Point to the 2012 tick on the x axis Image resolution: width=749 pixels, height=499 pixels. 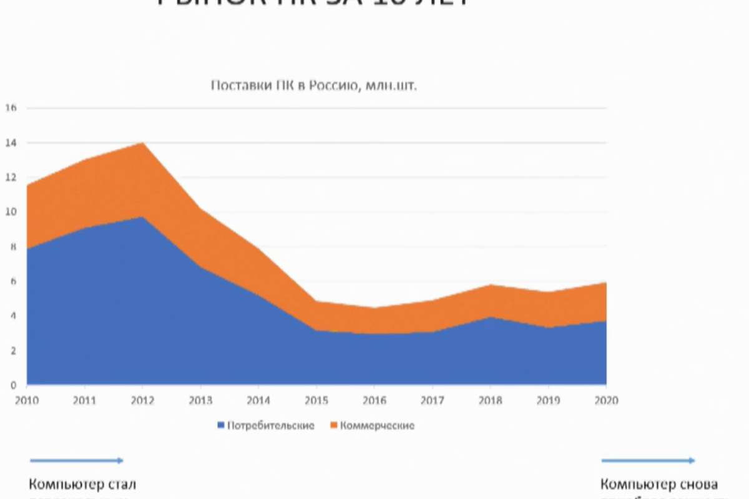click(x=143, y=400)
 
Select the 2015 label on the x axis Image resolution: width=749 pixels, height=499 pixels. click(x=316, y=400)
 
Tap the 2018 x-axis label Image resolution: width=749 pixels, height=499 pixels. click(x=491, y=400)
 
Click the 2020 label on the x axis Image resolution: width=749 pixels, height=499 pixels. click(x=606, y=400)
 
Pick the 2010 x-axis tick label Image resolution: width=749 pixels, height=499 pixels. click(x=27, y=400)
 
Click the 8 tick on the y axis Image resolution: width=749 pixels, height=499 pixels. click(x=11, y=247)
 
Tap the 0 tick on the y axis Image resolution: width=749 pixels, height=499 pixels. click(x=12, y=385)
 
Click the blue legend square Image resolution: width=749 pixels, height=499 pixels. click(x=220, y=426)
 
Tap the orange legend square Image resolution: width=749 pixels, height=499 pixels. click(x=333, y=426)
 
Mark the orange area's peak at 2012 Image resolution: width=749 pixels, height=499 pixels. click(x=144, y=143)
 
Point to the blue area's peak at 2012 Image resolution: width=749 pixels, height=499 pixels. click(x=144, y=218)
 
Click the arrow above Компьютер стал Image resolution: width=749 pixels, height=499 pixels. click(x=76, y=461)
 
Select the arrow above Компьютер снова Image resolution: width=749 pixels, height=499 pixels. click(x=647, y=461)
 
